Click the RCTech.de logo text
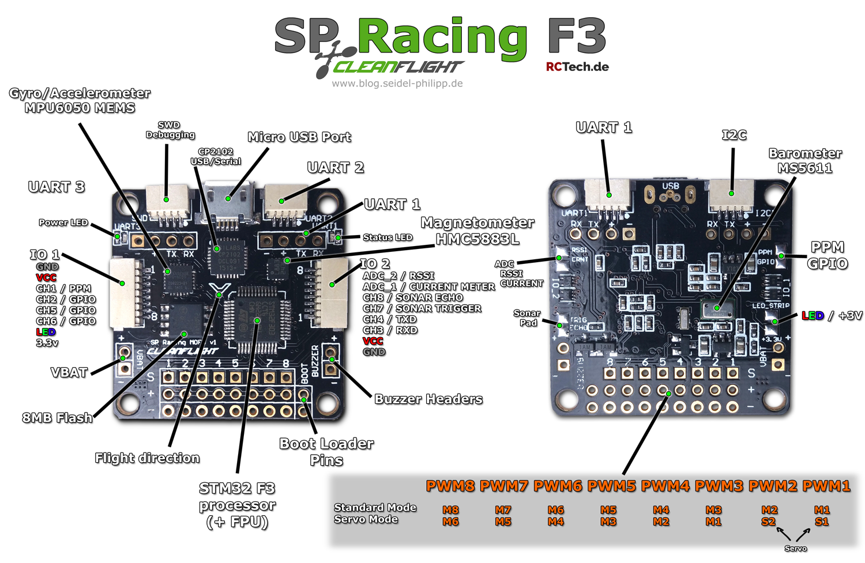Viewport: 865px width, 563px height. (577, 67)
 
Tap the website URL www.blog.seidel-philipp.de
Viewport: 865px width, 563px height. (397, 84)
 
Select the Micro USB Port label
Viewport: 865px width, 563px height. (299, 137)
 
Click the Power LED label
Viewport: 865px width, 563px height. (63, 222)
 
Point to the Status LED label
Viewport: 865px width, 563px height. (388, 237)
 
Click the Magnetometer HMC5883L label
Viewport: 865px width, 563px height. (477, 231)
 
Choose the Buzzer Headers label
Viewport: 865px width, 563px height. (428, 399)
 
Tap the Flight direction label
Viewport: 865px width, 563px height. (147, 458)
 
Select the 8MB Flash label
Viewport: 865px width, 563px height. (57, 418)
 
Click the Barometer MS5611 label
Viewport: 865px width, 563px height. (805, 161)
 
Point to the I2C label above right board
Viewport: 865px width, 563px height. (734, 135)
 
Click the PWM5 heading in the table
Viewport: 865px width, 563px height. (612, 486)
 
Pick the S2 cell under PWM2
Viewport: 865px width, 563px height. (769, 522)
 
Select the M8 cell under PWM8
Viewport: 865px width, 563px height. (450, 510)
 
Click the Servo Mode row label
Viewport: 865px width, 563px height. (366, 519)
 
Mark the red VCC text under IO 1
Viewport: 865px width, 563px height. (46, 278)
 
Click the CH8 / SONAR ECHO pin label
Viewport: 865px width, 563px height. (412, 297)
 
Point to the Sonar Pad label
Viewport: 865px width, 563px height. (527, 318)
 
